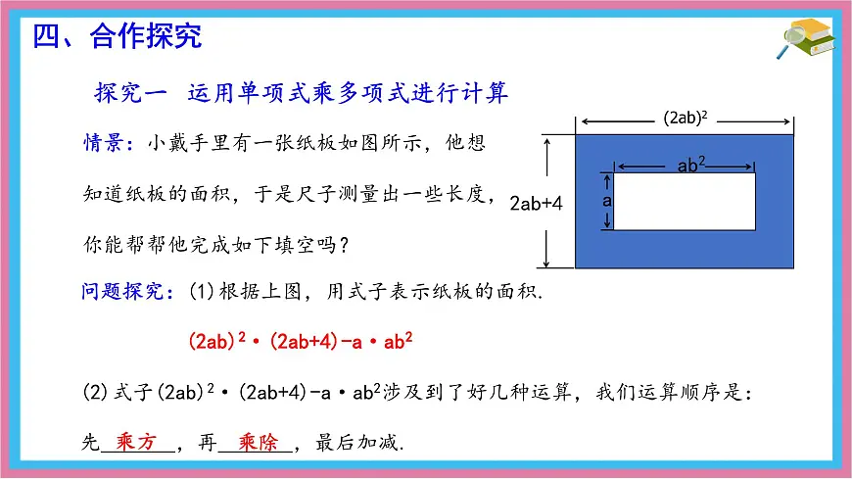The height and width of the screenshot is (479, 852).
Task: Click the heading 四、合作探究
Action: click(118, 37)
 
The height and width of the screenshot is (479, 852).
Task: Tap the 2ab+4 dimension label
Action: click(537, 204)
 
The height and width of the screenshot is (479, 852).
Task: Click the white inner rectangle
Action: click(684, 201)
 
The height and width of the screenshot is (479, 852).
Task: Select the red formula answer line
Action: click(300, 342)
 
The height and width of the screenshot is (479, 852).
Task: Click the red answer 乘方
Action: click(136, 441)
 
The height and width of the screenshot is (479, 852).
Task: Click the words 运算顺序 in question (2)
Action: click(679, 394)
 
